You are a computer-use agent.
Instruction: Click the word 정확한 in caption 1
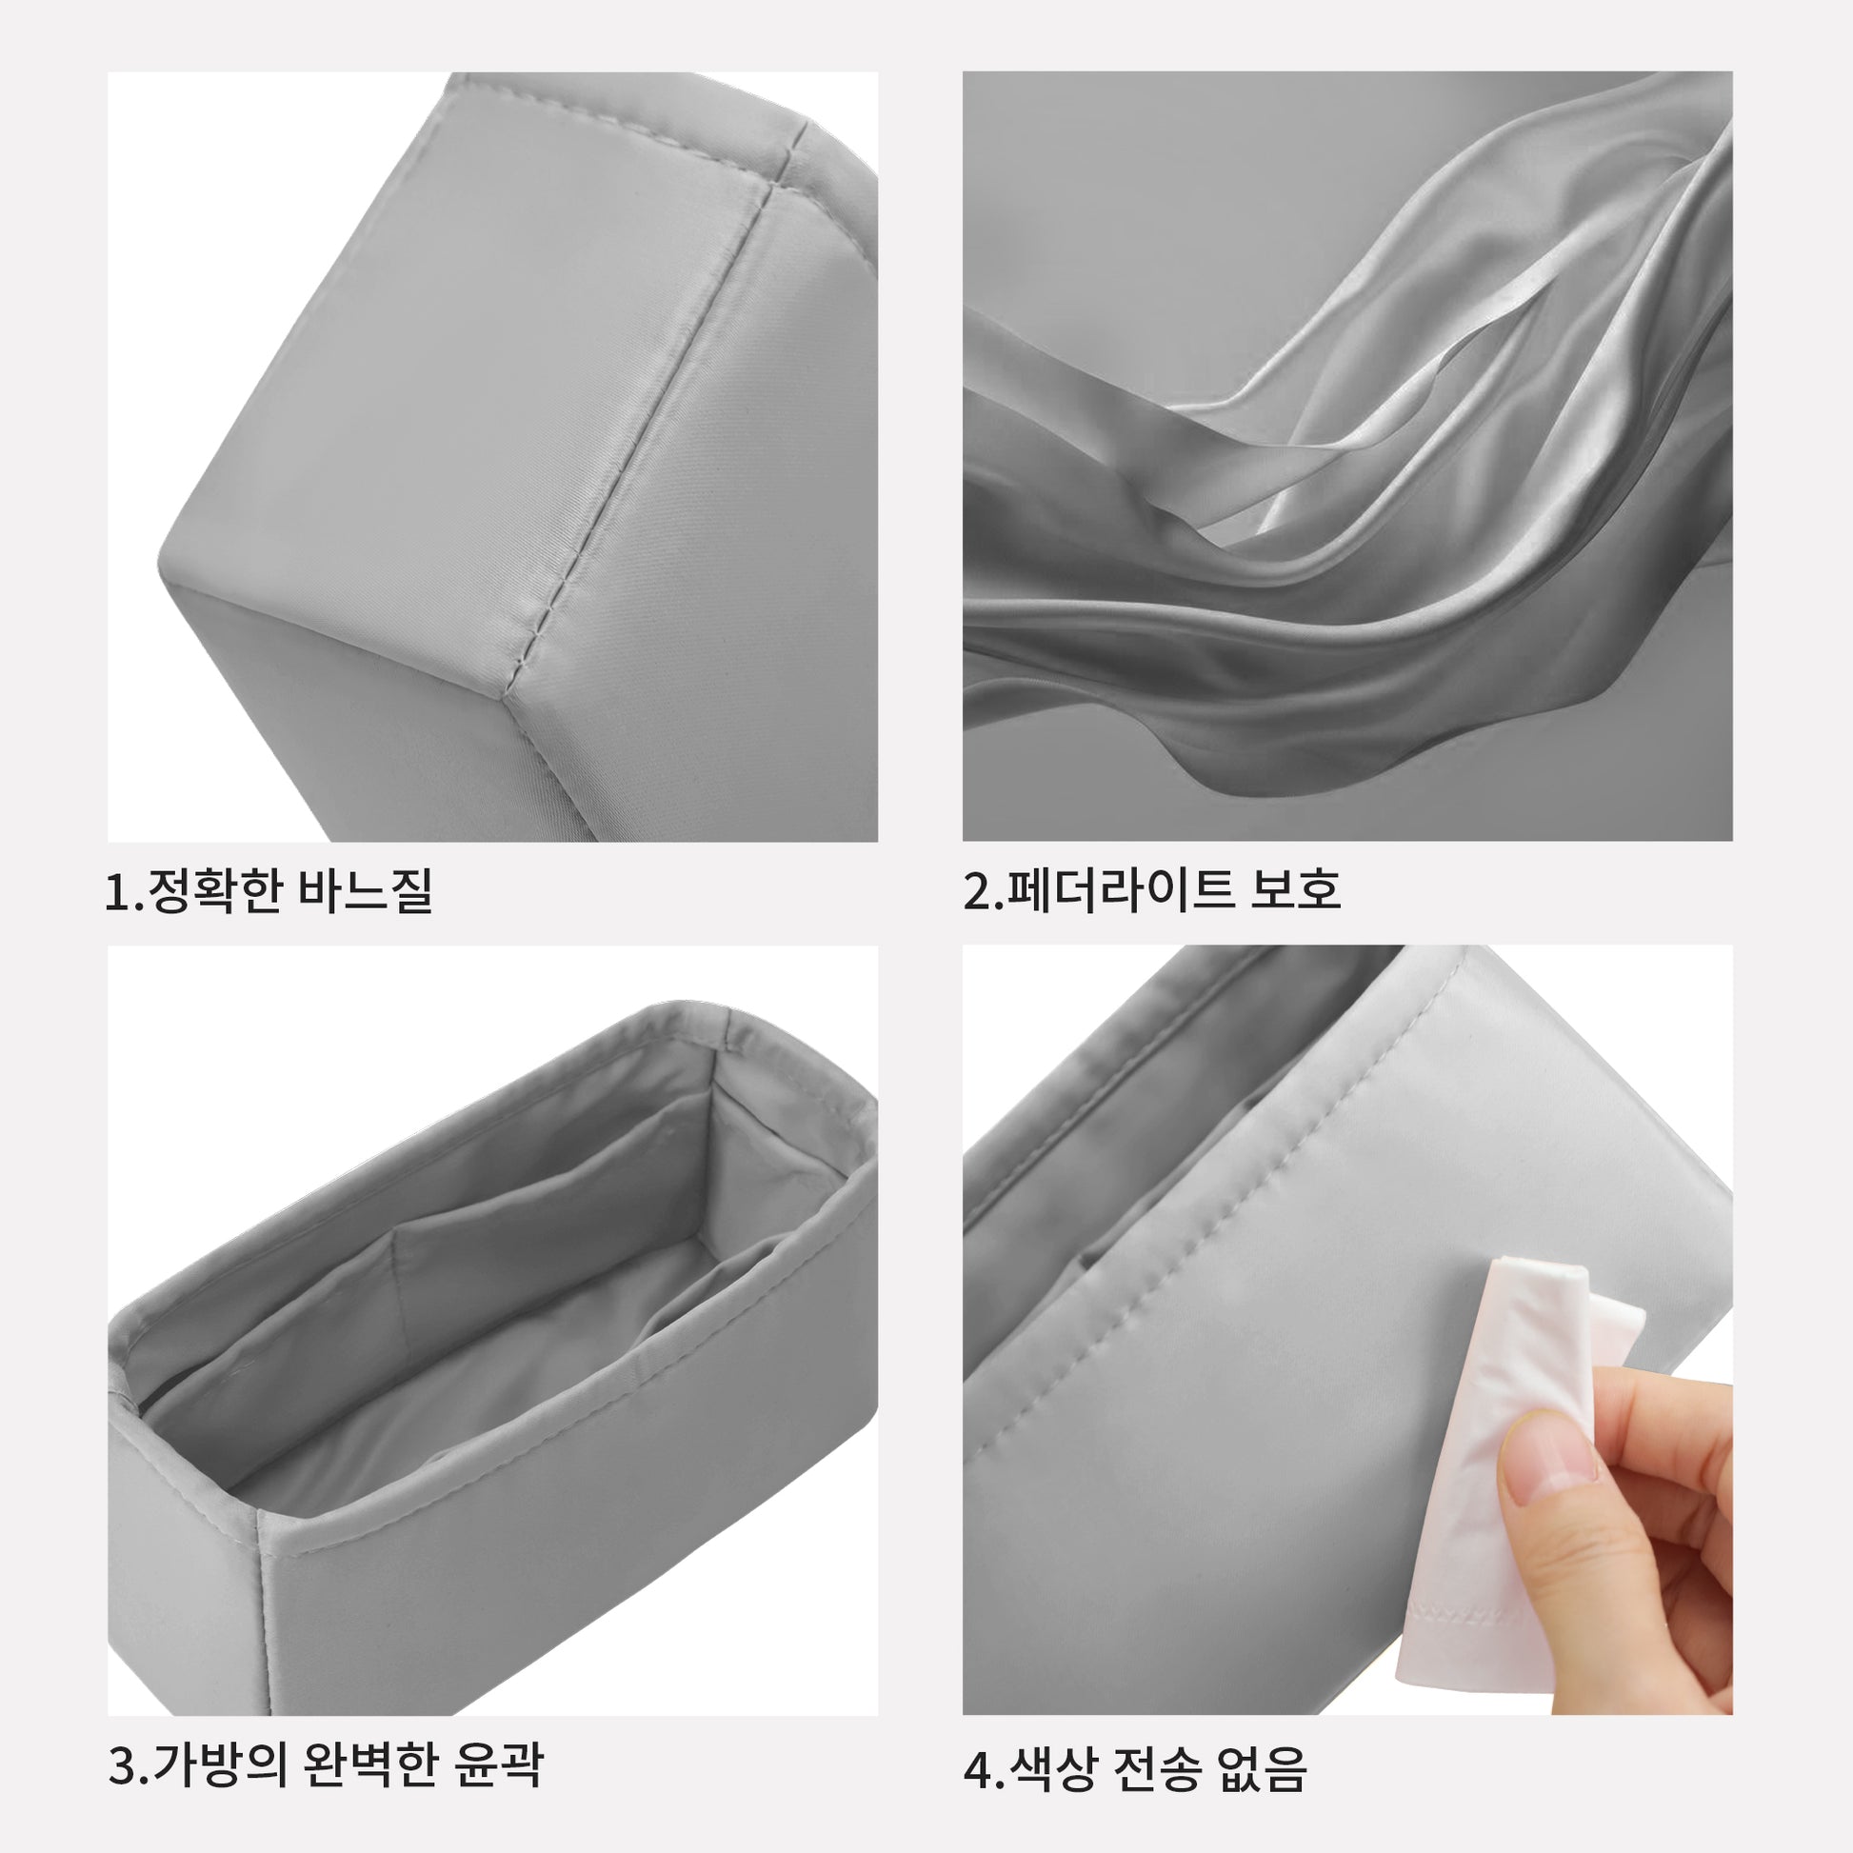point(215,891)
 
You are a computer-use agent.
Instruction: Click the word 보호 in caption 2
point(1296,890)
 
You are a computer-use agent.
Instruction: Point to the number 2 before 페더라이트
point(977,891)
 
